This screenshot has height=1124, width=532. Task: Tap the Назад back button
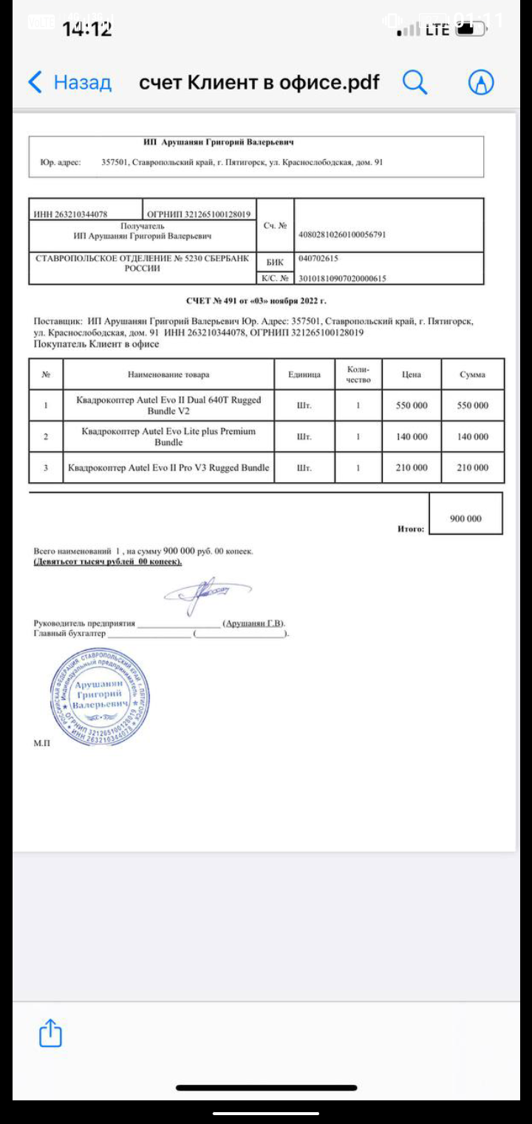(x=69, y=82)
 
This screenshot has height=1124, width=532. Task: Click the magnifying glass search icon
(x=415, y=82)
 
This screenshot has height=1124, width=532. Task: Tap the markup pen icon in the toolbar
(x=481, y=82)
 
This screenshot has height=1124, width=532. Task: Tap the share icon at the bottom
(x=50, y=1033)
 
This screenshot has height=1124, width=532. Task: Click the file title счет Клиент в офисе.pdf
(x=259, y=82)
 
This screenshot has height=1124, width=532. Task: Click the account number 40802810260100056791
(x=341, y=235)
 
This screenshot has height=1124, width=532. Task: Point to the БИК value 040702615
(x=318, y=259)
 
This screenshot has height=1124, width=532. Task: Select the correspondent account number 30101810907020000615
(x=341, y=279)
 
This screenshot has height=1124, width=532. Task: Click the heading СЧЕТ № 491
(x=256, y=301)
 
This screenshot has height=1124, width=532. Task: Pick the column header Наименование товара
(x=168, y=374)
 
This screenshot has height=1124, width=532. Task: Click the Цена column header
(x=412, y=374)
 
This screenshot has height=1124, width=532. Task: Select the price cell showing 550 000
(x=412, y=405)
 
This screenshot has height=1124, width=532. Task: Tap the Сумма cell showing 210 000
(x=472, y=467)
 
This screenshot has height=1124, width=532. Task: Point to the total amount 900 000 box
(x=465, y=518)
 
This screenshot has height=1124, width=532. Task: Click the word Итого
(x=411, y=529)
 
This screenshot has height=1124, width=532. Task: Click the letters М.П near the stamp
(x=42, y=742)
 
